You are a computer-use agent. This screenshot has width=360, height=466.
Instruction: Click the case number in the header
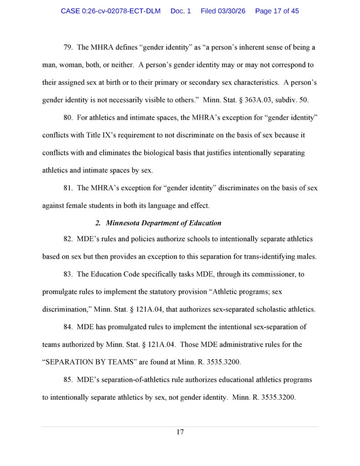point(111,11)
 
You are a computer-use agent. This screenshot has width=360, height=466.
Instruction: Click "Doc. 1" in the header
point(181,11)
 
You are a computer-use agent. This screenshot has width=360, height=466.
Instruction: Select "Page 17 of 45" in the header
point(277,11)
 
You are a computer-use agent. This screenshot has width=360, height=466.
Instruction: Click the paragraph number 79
point(68,47)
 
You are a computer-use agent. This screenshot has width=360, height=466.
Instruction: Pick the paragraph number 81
point(68,188)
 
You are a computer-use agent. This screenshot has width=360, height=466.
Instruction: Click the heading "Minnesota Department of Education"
point(163,223)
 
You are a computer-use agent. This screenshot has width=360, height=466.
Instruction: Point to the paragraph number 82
point(68,239)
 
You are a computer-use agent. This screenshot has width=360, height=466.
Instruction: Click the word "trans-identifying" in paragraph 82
point(271,257)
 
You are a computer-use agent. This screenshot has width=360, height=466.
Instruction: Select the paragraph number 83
point(68,274)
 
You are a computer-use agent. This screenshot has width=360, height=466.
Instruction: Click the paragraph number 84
point(68,327)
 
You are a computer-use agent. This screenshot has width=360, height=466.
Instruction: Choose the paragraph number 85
point(68,380)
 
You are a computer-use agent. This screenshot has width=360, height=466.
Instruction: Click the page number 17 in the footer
point(180,432)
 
